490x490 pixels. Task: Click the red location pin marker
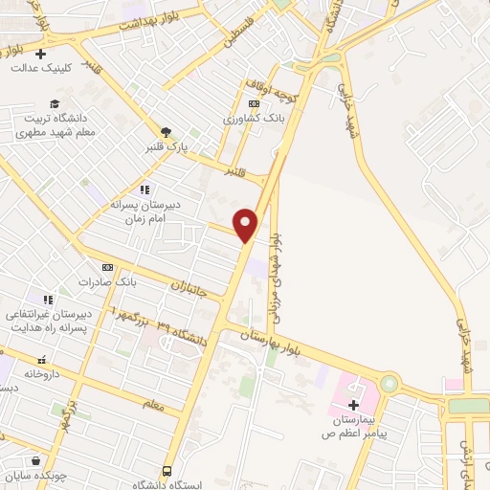point(247,224)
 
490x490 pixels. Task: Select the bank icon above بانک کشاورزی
point(254,104)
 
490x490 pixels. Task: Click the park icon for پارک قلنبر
point(167,132)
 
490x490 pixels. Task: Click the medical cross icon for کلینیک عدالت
point(39,54)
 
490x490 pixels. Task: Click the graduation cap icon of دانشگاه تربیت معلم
point(55,103)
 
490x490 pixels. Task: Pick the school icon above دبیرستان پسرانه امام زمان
point(145,190)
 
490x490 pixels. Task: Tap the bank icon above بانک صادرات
point(107,267)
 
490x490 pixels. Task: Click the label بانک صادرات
point(108,282)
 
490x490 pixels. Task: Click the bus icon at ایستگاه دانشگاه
point(167,472)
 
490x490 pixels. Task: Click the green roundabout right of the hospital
point(389,385)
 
